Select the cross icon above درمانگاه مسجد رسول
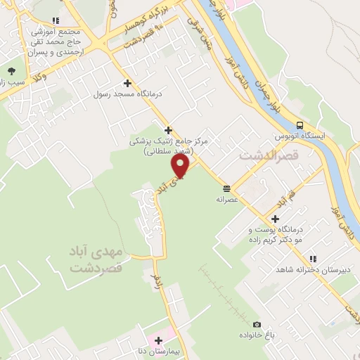[x=127, y=83]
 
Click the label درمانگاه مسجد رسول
[x=129, y=94]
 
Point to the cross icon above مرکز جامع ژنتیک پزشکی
[x=168, y=129]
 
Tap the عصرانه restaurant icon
[x=226, y=188]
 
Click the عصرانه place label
[x=227, y=199]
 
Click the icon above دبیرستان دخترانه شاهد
[x=314, y=259]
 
